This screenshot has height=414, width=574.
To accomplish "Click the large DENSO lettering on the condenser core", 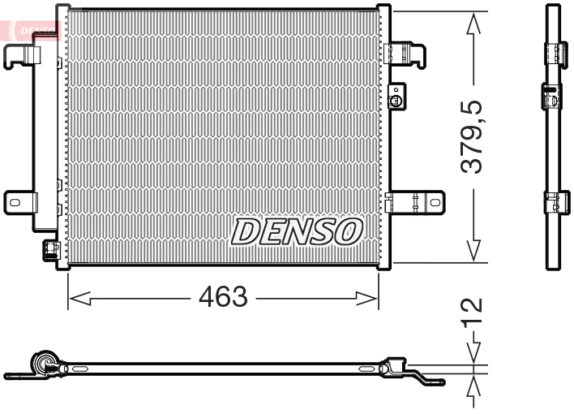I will (x=296, y=231).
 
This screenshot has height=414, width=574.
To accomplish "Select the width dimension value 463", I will (x=223, y=297).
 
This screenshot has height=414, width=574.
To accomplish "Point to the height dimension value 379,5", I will (x=472, y=136).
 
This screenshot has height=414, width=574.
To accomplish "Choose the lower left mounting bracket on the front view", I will (x=19, y=200).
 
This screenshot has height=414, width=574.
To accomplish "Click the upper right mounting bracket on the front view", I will (x=409, y=54).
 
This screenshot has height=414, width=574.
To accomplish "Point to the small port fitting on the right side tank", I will (x=396, y=101).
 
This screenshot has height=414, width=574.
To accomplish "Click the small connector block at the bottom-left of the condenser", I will (x=49, y=248).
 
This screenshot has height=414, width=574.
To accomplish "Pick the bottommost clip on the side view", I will (x=554, y=200).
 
